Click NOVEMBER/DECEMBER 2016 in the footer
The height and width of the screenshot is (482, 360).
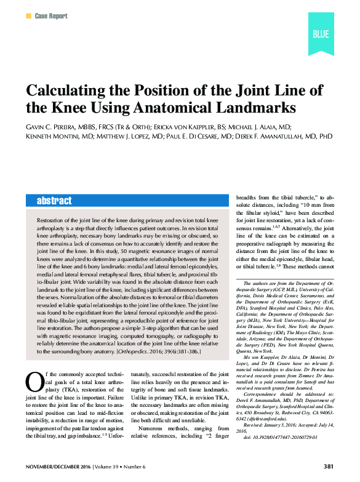[x=57, y=466]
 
